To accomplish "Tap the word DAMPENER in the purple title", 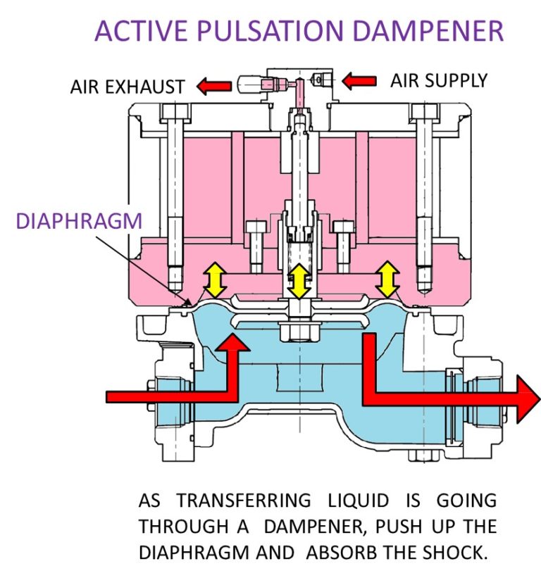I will coord(424,31).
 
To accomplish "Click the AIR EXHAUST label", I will coord(128,87).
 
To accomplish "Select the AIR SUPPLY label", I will coord(438,80).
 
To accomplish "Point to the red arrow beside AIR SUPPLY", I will coord(359,80).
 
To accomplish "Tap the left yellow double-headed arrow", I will coord(214,281).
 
